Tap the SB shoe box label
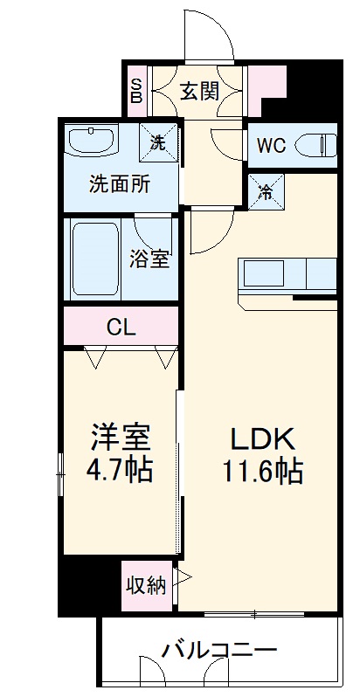coord(136,90)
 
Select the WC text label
coord(270,146)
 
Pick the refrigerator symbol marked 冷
coord(263,191)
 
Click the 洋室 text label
coord(120,435)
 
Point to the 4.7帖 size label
coord(120,473)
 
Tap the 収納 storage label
coord(145,585)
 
